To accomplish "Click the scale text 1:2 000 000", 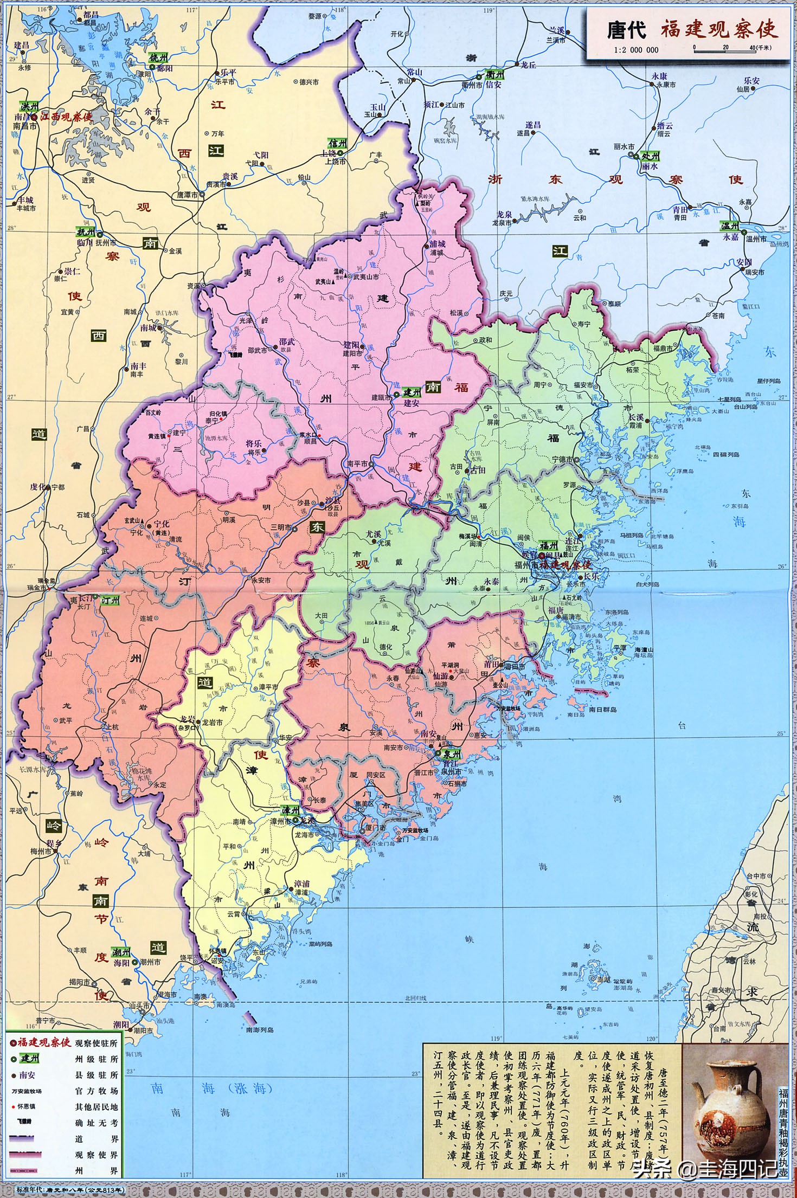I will tap(636, 50).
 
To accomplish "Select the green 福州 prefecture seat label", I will tap(548, 545).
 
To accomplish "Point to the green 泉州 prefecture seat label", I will tap(452, 753).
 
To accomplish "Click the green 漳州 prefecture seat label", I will tap(290, 810).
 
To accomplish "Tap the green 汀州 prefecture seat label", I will tap(110, 600).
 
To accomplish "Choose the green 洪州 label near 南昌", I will tap(29, 106).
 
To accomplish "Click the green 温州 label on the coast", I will tap(729, 226).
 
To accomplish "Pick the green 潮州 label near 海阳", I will tap(121, 952).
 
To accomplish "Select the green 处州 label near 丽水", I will tap(650, 156).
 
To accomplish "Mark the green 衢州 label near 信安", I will tap(494, 74).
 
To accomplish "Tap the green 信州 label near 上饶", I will tap(337, 143).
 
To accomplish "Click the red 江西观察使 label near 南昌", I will tap(66, 117).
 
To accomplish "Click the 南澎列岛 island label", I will tap(259, 1029).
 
